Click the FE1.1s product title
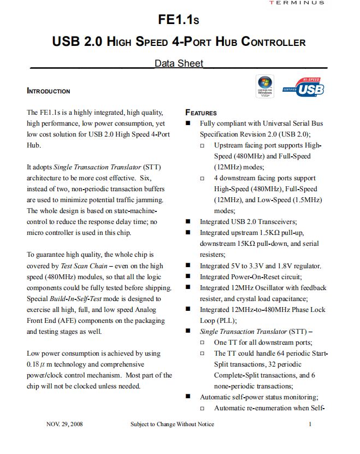click(179, 20)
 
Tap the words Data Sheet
click(179, 63)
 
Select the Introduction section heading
click(49, 91)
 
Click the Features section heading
click(201, 113)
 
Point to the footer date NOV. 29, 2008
click(64, 424)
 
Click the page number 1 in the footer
click(310, 424)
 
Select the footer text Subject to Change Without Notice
click(172, 424)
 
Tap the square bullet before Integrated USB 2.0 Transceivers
click(188, 222)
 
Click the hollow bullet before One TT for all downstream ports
click(203, 343)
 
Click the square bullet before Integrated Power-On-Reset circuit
click(188, 277)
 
